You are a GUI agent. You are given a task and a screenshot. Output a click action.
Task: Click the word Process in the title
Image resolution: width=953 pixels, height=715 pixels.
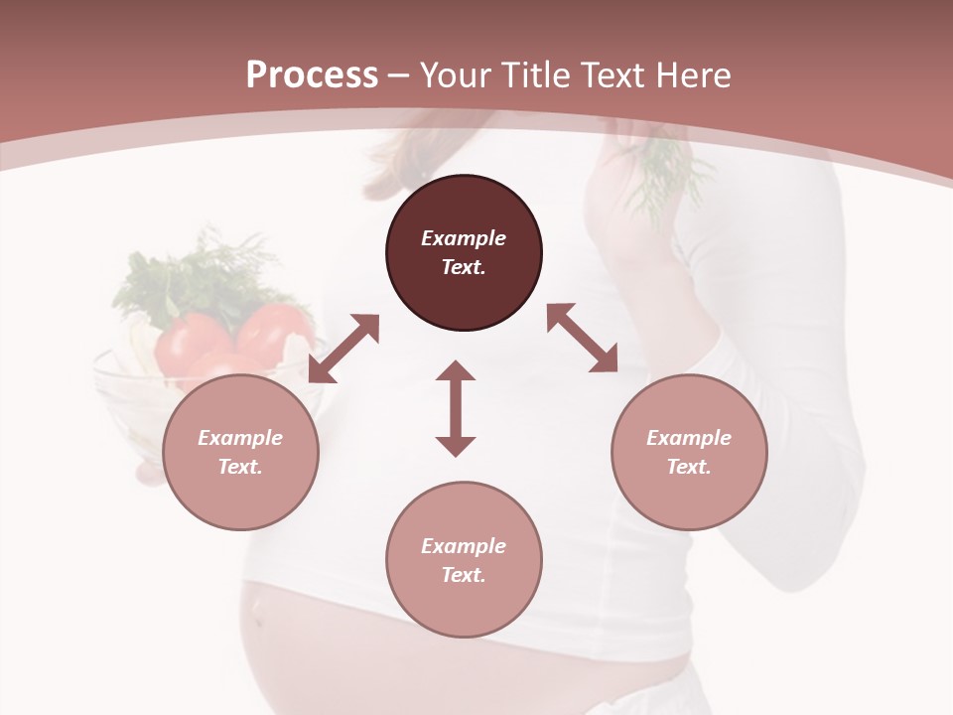tap(312, 75)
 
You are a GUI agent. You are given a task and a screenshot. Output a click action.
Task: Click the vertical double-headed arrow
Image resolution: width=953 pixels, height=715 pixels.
tap(456, 408)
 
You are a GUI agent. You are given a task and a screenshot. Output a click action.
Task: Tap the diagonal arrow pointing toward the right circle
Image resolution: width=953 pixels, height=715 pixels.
tap(583, 338)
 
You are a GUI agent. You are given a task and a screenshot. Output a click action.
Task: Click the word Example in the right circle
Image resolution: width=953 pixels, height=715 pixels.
tap(689, 438)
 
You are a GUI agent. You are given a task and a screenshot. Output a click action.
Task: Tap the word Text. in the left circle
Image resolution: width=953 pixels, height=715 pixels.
tap(240, 467)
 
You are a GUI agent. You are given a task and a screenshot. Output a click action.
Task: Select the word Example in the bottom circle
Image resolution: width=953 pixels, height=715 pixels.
tap(464, 546)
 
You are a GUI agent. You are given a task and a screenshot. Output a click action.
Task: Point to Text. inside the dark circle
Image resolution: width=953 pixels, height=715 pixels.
tap(464, 267)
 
